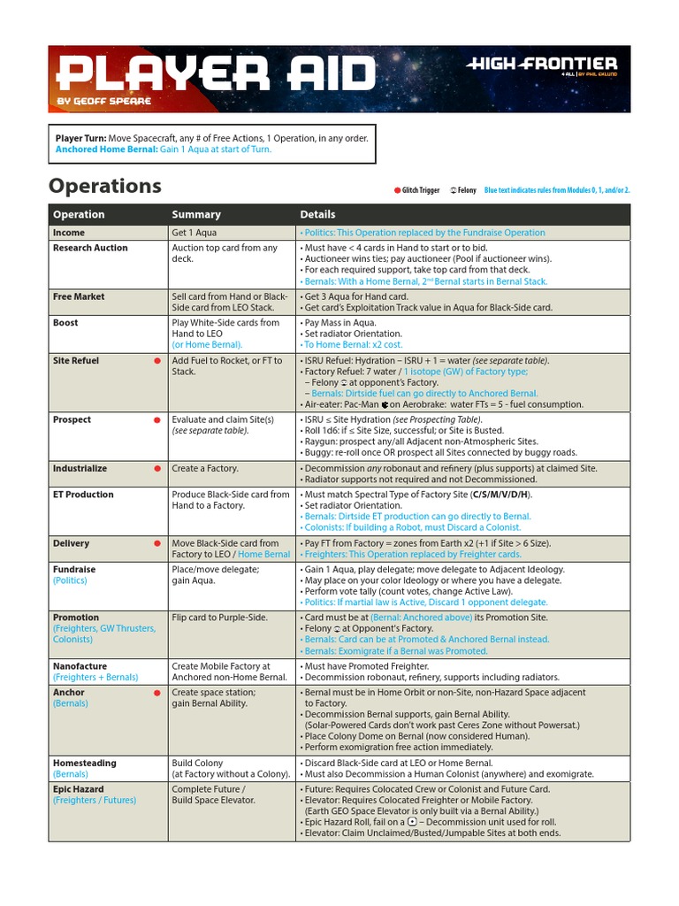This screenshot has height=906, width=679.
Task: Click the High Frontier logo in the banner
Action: click(x=541, y=65)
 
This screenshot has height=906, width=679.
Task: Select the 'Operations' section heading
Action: click(x=105, y=186)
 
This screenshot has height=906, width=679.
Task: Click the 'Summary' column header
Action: click(x=196, y=214)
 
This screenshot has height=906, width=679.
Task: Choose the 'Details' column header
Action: click(x=317, y=214)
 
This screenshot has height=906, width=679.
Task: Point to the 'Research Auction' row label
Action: click(x=90, y=248)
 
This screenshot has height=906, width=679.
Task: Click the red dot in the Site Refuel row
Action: click(x=157, y=361)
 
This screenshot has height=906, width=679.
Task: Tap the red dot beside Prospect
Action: click(x=157, y=419)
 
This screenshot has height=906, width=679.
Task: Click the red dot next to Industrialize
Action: click(x=157, y=468)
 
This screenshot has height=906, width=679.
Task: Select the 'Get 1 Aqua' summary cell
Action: click(x=194, y=233)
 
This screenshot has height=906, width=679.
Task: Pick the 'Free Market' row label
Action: click(x=78, y=297)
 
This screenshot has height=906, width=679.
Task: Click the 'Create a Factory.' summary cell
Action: click(x=204, y=468)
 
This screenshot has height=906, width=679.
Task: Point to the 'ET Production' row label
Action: click(x=83, y=495)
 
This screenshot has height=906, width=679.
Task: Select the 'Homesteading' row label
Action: click(x=84, y=763)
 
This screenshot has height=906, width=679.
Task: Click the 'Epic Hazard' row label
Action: click(x=78, y=789)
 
